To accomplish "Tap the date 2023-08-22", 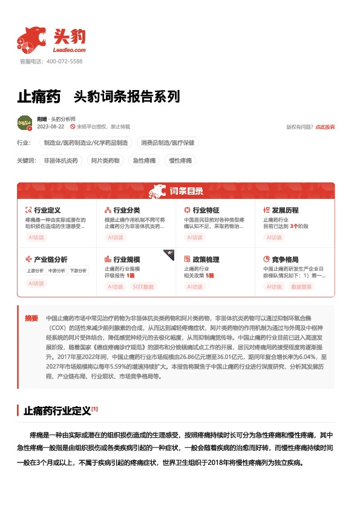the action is coord(50,127).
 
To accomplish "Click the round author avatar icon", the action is coord(25,123).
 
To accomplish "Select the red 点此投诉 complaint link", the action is coord(325,127).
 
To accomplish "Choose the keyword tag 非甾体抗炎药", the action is coord(61,161).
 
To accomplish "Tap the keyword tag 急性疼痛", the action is coord(144,161).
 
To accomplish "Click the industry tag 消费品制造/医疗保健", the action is coord(169,143).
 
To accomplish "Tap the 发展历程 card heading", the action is coord(286,210).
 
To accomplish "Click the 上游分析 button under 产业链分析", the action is coord(34,270).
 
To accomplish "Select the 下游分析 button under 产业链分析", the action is coord(77,270).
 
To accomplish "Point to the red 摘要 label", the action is coord(31,317).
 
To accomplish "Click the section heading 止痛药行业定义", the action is coord(57,411).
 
